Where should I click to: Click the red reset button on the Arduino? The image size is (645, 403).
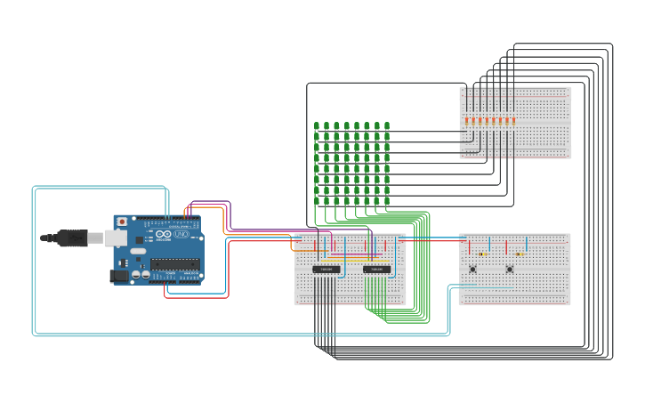click(x=122, y=221)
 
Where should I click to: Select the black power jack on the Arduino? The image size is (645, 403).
click(x=117, y=276)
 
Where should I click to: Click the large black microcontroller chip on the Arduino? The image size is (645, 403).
click(x=174, y=262)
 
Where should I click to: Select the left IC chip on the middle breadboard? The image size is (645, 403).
click(x=326, y=269)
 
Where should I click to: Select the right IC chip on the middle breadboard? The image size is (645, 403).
click(x=376, y=269)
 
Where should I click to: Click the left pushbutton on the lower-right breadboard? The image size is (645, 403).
click(x=472, y=269)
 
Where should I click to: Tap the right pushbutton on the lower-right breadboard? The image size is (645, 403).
click(x=510, y=269)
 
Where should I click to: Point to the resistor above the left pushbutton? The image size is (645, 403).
click(x=481, y=254)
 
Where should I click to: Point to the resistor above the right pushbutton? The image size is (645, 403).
click(x=519, y=254)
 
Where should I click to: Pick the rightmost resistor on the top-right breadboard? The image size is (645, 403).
click(x=513, y=120)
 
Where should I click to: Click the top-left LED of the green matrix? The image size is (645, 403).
click(x=316, y=126)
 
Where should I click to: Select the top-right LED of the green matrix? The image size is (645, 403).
click(x=387, y=126)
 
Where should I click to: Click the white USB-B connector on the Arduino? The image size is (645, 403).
click(x=115, y=238)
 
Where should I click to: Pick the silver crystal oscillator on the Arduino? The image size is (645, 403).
click(x=138, y=252)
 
